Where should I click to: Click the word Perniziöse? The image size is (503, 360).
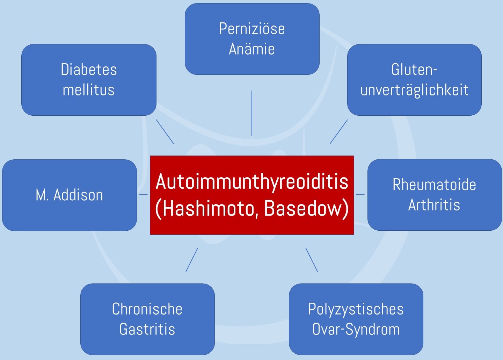(252, 29)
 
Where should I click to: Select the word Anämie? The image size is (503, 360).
(252, 49)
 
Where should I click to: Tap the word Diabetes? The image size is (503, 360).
(89, 70)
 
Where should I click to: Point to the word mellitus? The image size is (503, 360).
(89, 90)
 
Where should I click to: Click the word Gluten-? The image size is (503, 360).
(414, 70)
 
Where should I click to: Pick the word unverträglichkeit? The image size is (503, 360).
(414, 90)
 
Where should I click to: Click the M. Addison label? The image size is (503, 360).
(70, 195)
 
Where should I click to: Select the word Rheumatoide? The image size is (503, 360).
(434, 185)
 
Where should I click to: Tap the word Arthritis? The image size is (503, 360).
(434, 205)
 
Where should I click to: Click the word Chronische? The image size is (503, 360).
(147, 309)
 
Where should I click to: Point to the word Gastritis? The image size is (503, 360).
(147, 329)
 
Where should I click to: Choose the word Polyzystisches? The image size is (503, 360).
(356, 309)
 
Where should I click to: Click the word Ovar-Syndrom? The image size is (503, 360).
(356, 329)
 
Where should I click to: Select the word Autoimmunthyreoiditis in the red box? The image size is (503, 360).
(252, 181)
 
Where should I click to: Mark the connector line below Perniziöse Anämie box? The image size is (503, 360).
(252, 113)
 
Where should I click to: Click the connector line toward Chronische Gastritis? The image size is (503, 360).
(192, 260)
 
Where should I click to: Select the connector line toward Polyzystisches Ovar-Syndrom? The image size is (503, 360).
(312, 260)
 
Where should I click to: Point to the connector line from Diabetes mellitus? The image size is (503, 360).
(165, 132)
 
